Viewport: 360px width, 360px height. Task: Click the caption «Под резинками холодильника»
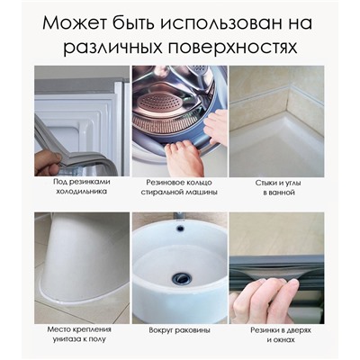coord(82,186)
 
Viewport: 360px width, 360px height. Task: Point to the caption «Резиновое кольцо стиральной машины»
coord(179,187)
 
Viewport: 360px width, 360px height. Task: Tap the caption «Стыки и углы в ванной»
coord(278,187)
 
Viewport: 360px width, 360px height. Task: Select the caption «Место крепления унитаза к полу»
coord(79,334)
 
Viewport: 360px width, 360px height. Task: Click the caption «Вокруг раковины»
coord(179,330)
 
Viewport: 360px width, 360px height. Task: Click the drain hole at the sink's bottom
coord(180,277)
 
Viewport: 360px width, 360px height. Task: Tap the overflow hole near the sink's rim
coord(180,229)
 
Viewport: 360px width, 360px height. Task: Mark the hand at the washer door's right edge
coord(214,126)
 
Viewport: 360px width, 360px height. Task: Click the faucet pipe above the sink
coord(180,216)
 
